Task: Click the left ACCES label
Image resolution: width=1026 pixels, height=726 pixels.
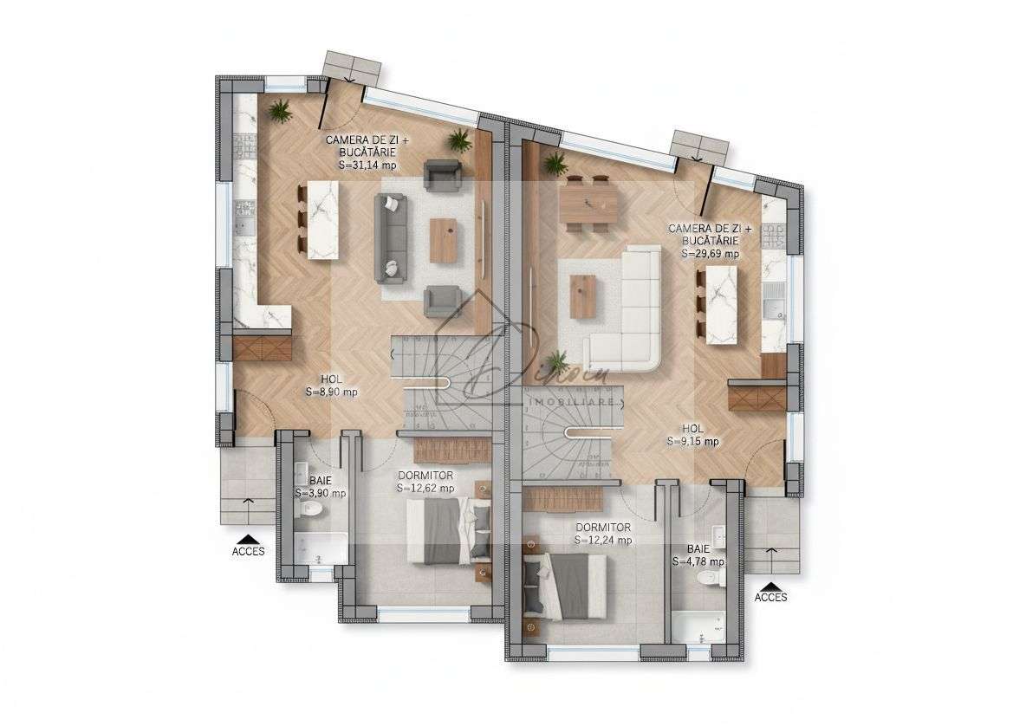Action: [x=249, y=550]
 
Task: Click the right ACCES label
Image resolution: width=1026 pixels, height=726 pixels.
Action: [x=771, y=597]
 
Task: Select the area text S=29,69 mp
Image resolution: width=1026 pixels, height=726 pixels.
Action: [x=710, y=254]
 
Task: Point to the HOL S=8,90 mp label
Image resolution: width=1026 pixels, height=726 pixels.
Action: [x=331, y=386]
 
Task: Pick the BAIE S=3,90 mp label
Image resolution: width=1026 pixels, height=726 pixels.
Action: [x=320, y=487]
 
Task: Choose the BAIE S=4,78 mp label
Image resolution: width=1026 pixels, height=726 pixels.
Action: [x=698, y=555]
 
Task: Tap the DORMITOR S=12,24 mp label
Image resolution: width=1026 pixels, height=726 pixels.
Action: [x=602, y=533]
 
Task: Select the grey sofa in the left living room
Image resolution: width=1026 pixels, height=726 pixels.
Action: [x=390, y=237]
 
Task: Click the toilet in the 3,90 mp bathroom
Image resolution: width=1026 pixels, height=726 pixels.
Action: [x=309, y=513]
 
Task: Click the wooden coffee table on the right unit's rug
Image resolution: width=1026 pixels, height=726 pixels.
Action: [x=581, y=295]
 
